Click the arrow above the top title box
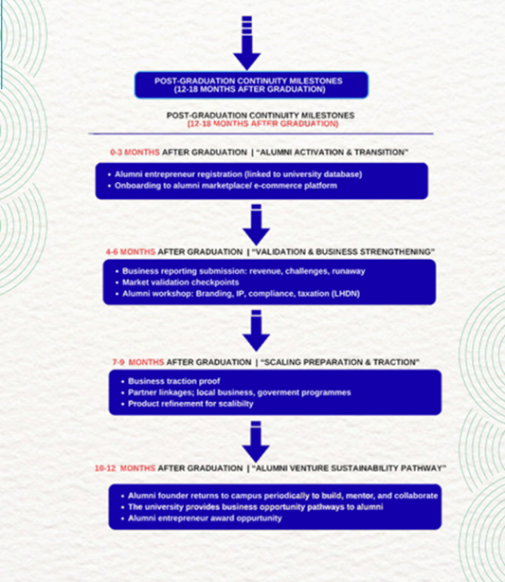tap(246, 43)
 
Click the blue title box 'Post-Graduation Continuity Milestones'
tap(251, 85)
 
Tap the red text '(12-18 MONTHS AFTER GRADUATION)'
tap(263, 123)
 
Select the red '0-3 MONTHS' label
tap(135, 153)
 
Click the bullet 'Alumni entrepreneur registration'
tap(238, 174)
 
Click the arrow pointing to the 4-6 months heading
tap(256, 225)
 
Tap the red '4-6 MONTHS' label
tap(131, 252)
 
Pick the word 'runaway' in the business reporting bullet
tap(349, 271)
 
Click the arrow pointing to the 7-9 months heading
tap(256, 331)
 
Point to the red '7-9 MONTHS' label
tap(138, 362)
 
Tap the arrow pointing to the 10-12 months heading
tap(256, 442)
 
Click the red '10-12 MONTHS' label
tap(125, 468)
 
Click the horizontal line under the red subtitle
tap(261, 134)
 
